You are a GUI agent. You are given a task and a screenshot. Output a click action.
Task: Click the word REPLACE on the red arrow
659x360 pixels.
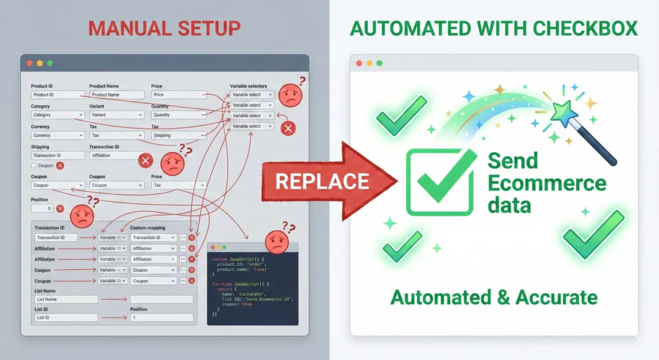pyautogui.click(x=322, y=180)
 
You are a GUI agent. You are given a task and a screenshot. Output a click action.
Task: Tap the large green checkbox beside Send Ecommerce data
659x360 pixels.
pyautogui.click(x=441, y=182)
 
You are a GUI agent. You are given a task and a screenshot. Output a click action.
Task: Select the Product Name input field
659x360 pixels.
pyautogui.click(x=116, y=95)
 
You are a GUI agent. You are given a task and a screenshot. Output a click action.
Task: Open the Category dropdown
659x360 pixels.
pyautogui.click(x=58, y=115)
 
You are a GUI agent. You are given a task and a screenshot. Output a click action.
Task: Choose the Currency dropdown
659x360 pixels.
pyautogui.click(x=58, y=136)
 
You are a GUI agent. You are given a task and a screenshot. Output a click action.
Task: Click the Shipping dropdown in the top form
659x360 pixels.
pyautogui.click(x=179, y=136)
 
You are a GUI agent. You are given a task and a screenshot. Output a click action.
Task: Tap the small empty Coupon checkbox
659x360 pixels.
pyautogui.click(x=34, y=166)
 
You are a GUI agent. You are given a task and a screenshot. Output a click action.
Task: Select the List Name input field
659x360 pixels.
pyautogui.click(x=65, y=299)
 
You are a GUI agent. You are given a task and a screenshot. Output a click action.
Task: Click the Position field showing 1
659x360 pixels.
pyautogui.click(x=161, y=317)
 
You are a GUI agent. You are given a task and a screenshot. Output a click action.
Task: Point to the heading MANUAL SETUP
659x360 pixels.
pyautogui.click(x=164, y=28)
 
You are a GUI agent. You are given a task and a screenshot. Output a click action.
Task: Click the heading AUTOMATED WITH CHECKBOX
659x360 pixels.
pyautogui.click(x=494, y=28)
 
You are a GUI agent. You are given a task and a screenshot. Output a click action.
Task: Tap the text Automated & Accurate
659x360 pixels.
pyautogui.click(x=494, y=298)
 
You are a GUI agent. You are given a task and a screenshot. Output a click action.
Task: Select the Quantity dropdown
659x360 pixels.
pyautogui.click(x=179, y=115)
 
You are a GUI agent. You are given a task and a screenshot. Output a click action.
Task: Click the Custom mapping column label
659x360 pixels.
pyautogui.click(x=147, y=228)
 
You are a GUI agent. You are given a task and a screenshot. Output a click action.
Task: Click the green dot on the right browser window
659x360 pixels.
pyautogui.click(x=379, y=63)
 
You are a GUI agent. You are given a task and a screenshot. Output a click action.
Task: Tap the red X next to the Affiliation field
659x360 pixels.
pyautogui.click(x=146, y=160)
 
